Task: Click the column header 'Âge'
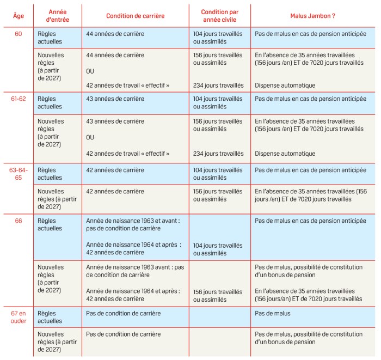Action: tap(18, 15)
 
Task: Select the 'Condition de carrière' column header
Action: tap(135, 15)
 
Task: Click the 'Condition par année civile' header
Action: tap(218, 15)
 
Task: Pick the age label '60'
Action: tap(18, 34)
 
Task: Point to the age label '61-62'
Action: tap(18, 99)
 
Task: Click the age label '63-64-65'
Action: tap(18, 174)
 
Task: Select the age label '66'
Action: tap(18, 221)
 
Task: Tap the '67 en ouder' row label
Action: tap(18, 318)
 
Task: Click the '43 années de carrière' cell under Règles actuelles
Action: tap(115, 99)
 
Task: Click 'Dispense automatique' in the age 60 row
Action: tap(285, 86)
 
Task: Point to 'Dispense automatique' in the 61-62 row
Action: tap(285, 154)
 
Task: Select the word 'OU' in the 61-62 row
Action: tap(90, 137)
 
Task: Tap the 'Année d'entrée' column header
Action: tap(57, 15)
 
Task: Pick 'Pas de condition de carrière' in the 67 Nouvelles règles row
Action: tap(124, 334)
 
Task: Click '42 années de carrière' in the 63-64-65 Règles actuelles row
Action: tap(115, 170)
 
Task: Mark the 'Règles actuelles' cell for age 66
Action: tap(51, 225)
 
